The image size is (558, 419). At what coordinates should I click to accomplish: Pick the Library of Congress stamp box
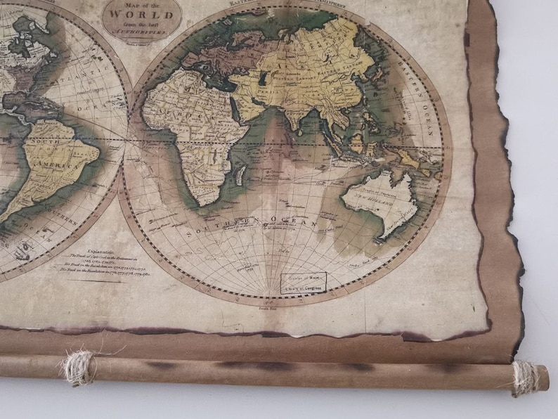coord(304,283)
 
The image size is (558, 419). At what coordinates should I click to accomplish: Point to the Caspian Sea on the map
coord(261,75)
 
